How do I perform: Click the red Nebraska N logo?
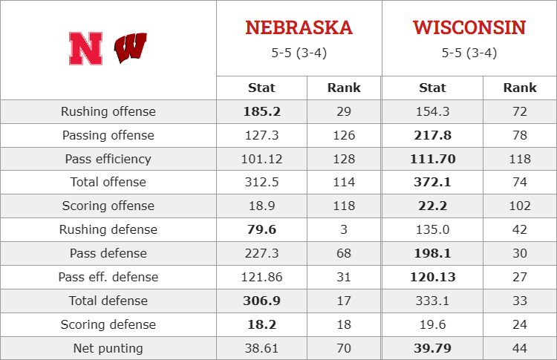85,49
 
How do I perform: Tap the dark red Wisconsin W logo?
131,48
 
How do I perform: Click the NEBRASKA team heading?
299,27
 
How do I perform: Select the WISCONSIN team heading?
469,27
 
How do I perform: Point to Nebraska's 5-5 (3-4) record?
299,53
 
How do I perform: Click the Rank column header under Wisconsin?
520,88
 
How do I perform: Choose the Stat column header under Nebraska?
261,88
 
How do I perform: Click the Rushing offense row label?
108,111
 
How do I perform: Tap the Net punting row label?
108,348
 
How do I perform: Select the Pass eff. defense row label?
108,277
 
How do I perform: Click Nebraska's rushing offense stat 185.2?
262,111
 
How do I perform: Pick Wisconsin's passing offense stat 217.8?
433,135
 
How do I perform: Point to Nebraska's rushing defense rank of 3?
344,229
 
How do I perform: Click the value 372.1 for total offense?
433,182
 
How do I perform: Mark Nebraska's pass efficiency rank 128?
344,159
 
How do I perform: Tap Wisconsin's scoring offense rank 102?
520,206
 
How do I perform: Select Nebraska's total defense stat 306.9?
262,301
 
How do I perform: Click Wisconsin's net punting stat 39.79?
433,348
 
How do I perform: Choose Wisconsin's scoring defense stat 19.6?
433,324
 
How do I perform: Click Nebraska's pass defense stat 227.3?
262,253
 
